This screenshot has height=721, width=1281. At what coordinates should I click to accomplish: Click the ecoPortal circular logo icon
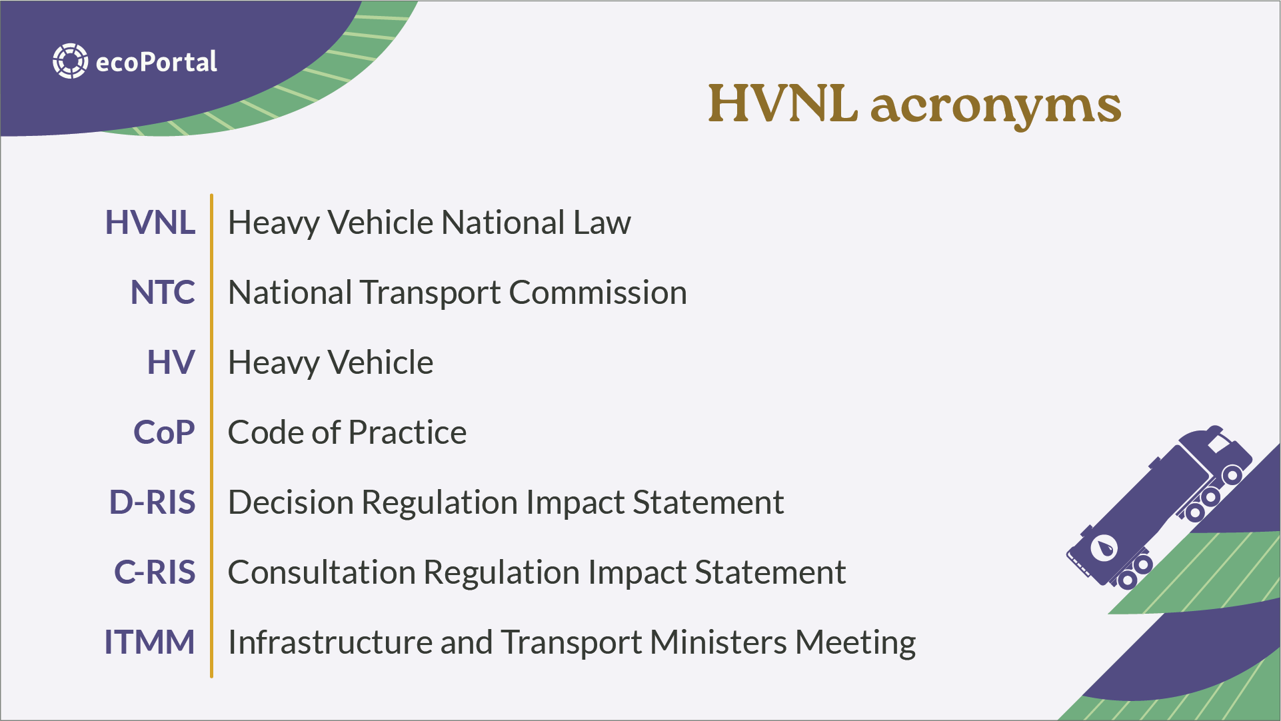tap(70, 61)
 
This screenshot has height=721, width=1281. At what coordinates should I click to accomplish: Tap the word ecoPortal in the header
tap(157, 62)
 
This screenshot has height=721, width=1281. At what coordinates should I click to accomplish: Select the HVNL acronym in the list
tap(150, 223)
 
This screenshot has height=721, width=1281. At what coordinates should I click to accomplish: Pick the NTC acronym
tap(163, 293)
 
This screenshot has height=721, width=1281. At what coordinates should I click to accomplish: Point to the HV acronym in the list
tap(171, 362)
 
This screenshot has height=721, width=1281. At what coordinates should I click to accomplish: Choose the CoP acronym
tap(164, 432)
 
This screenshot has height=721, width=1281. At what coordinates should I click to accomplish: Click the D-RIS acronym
tap(153, 502)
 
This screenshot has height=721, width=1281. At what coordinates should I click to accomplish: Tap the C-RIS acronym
tap(155, 572)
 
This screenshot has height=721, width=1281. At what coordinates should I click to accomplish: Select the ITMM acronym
tap(149, 642)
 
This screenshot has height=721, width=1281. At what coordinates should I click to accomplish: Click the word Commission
tap(598, 293)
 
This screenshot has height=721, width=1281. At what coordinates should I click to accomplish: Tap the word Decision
tap(291, 502)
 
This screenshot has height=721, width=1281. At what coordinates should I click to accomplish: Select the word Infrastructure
tap(331, 642)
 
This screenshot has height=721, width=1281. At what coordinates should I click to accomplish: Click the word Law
tap(603, 223)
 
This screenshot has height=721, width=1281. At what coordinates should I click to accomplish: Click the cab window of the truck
tap(1219, 442)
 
